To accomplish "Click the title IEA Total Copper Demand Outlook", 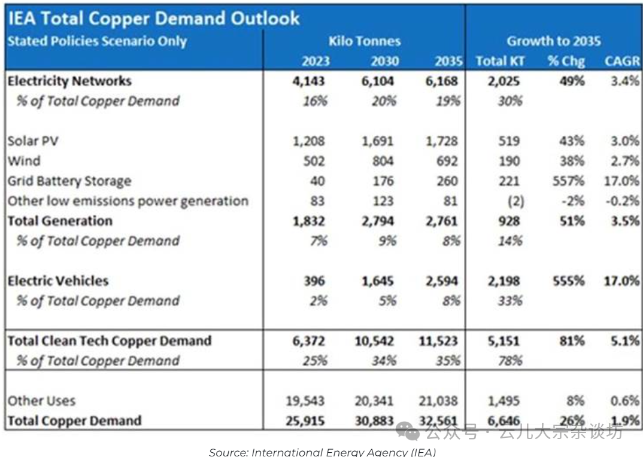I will pos(153,18).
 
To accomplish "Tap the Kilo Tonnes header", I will pos(365,41).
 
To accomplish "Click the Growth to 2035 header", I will pos(554,41).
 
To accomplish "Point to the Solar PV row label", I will pos(34,141).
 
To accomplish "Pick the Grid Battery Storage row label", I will pos(69,181).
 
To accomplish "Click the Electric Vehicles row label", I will pos(58,281).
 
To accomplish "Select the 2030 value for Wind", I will pos(381,161).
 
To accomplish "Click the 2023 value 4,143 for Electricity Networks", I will pos(308,81).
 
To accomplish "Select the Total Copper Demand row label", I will pos(75,421).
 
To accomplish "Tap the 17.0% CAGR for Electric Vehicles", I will pos(621,281).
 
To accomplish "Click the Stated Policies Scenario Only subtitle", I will pos(97,41).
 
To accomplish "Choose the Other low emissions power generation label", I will pos(128,201).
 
